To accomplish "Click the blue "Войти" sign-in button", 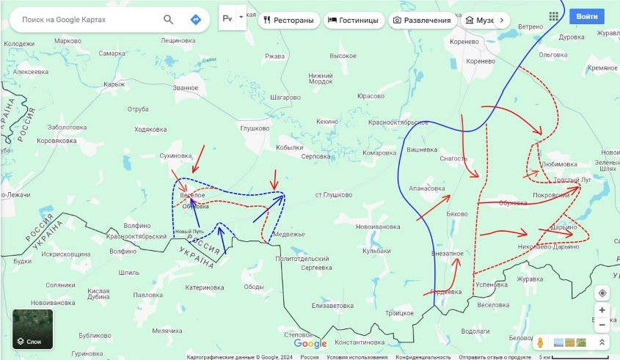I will coord(587,15).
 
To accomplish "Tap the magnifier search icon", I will coord(169,20).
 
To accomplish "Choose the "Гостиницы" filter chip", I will coord(354,21).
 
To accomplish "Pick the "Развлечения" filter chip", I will coord(421,21).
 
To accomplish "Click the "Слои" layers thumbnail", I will coord(32,329).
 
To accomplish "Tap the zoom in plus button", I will coord(602,310).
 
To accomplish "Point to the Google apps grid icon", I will coord(553,15).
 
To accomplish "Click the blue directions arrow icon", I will coord(195,20).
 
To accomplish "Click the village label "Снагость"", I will coord(453,158).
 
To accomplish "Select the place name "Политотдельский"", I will coord(302,259).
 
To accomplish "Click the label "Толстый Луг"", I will coord(572,180).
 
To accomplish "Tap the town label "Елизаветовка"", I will coord(333,305).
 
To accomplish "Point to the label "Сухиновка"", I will coord(175,155).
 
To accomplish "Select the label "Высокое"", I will coord(343,56).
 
